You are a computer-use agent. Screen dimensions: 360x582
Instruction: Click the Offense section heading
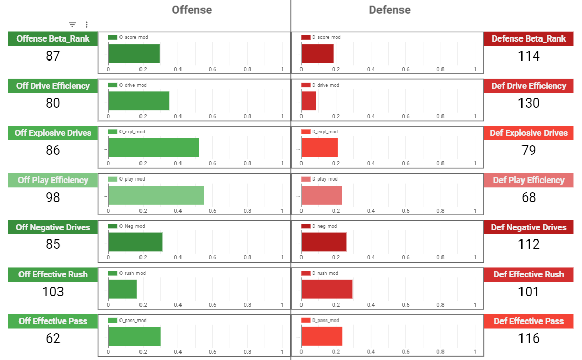click(192, 10)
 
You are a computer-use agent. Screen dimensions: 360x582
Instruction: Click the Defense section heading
click(390, 10)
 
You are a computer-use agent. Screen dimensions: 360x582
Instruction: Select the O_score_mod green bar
click(134, 53)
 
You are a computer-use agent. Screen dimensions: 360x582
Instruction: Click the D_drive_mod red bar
click(309, 101)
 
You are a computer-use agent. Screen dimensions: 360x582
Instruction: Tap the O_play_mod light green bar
click(156, 195)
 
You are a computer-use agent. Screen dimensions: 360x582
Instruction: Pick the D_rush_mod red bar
click(327, 289)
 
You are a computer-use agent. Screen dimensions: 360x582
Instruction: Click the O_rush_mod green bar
click(123, 289)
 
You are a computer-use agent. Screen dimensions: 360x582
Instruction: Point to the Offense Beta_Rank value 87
click(53, 56)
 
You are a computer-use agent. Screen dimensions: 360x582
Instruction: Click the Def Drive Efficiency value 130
click(529, 103)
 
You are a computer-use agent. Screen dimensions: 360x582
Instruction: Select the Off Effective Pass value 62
click(53, 338)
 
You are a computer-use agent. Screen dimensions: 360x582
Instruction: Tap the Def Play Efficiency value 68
click(529, 197)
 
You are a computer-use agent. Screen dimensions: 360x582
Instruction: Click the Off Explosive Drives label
click(53, 133)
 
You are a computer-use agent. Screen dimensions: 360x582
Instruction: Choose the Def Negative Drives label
click(529, 227)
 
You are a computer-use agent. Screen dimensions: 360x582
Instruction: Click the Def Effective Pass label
click(529, 321)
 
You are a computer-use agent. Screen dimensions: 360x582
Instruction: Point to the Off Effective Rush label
click(53, 274)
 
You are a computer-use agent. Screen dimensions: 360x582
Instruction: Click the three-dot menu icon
click(86, 24)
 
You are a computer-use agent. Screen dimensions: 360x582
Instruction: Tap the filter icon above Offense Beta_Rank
click(72, 24)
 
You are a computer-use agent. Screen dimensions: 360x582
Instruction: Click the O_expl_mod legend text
click(132, 132)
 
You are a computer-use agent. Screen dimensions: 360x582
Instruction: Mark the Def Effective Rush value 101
click(529, 292)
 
